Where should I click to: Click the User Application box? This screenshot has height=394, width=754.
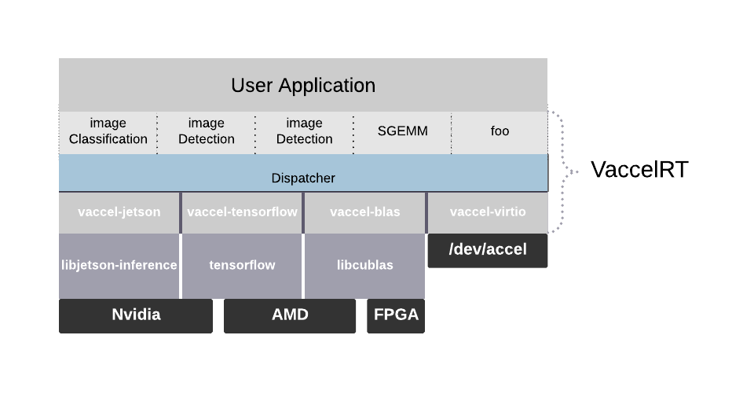pyautogui.click(x=302, y=85)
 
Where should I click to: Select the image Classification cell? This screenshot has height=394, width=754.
pyautogui.click(x=108, y=131)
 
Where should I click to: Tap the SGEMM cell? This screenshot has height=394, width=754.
pyautogui.click(x=402, y=131)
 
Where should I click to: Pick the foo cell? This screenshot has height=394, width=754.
pyautogui.click(x=500, y=131)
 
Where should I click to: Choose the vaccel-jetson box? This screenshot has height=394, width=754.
pyautogui.click(x=119, y=212)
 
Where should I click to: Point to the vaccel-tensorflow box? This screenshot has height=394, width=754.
pyautogui.click(x=242, y=212)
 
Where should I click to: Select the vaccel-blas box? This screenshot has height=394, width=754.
pyautogui.click(x=364, y=212)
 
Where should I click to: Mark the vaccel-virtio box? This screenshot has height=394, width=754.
pyautogui.click(x=488, y=212)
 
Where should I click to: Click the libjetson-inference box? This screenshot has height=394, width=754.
pyautogui.click(x=119, y=265)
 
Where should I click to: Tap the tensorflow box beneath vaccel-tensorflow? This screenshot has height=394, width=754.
pyautogui.click(x=242, y=265)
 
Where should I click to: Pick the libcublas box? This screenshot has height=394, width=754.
pyautogui.click(x=364, y=265)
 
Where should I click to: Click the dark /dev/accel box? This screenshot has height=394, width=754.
pyautogui.click(x=488, y=250)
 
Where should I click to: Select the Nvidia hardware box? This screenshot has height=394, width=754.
pyautogui.click(x=136, y=315)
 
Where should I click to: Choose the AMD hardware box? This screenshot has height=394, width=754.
pyautogui.click(x=290, y=315)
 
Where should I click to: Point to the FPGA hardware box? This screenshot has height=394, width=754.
pyautogui.click(x=396, y=315)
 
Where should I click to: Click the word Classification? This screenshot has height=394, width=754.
pyautogui.click(x=108, y=139)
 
